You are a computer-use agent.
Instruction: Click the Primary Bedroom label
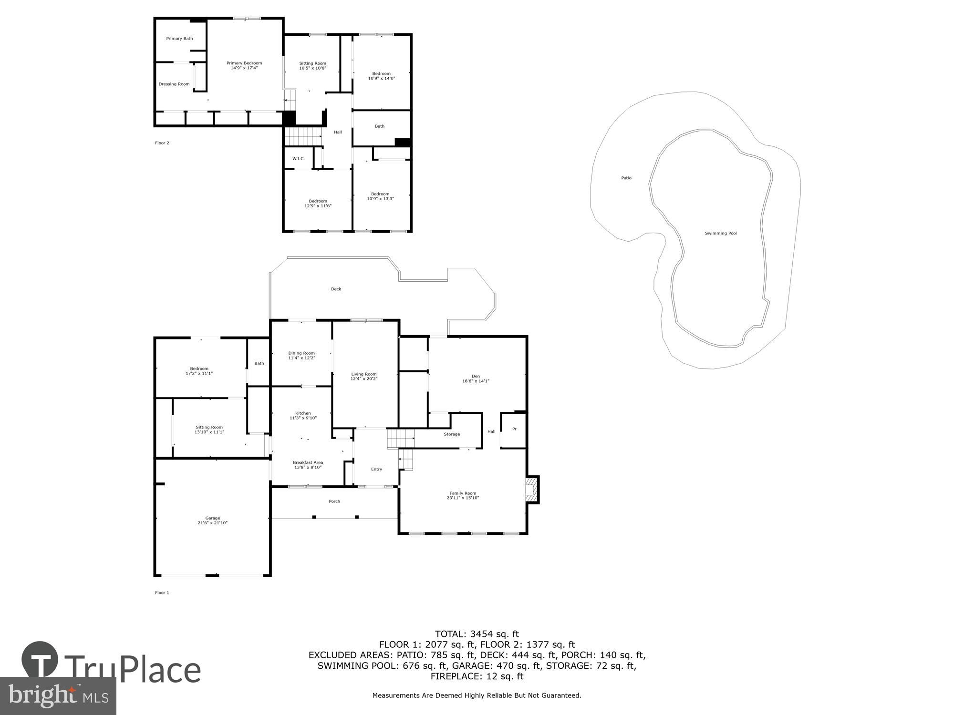tap(244, 63)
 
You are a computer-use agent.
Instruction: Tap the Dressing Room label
tap(174, 84)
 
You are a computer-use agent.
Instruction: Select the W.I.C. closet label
tap(299, 159)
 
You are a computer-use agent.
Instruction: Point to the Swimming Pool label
tap(721, 233)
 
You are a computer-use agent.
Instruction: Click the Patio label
tap(626, 178)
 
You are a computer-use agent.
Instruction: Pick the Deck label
tap(336, 289)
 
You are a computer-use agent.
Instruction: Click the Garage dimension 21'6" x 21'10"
tap(213, 523)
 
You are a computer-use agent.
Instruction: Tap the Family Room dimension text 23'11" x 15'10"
tap(463, 498)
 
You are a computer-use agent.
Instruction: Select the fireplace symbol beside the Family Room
tap(531, 490)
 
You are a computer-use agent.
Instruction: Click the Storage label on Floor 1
tap(452, 434)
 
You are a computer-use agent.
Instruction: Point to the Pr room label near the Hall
tap(514, 429)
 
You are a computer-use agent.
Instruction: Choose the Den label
tap(476, 376)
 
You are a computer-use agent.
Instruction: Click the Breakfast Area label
tap(308, 462)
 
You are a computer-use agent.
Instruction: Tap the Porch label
tap(334, 501)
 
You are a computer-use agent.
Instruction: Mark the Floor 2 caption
tap(162, 143)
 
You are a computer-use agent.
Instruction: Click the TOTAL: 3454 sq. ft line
tap(477, 634)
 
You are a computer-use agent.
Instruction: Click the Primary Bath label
tap(179, 39)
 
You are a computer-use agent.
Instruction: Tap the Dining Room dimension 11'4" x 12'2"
tap(301, 358)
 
